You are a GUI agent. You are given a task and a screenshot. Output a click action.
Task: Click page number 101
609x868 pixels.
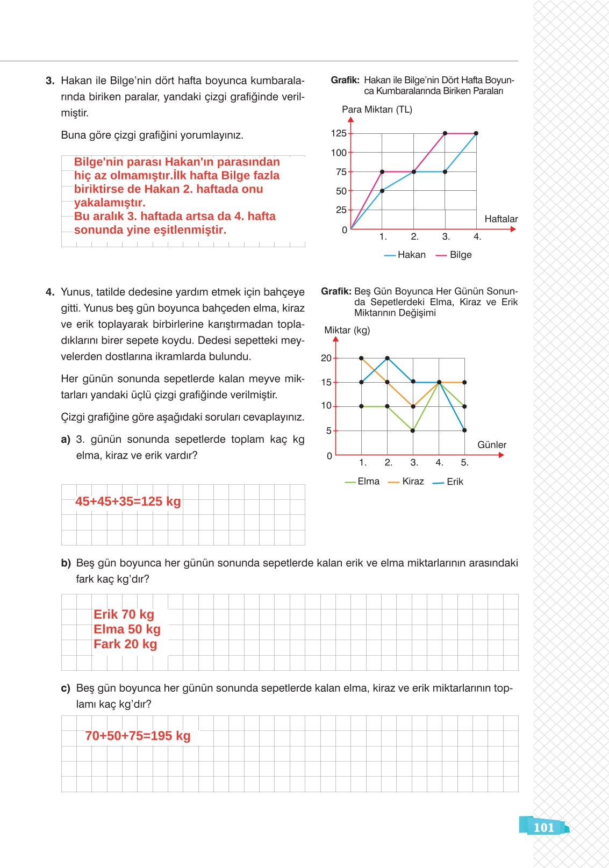click(543, 827)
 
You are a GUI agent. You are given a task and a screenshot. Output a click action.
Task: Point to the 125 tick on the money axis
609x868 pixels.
click(339, 133)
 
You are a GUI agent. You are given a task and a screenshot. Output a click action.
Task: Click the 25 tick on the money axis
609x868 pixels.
click(341, 210)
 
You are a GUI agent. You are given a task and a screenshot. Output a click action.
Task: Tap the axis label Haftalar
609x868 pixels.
click(501, 219)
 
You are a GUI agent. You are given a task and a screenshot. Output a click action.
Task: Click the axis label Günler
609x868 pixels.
click(491, 444)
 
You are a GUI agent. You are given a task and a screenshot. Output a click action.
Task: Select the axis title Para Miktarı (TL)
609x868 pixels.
click(377, 110)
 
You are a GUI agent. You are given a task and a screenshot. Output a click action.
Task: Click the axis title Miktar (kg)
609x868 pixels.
click(347, 330)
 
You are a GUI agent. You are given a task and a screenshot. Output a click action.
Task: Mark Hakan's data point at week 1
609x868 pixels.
click(382, 191)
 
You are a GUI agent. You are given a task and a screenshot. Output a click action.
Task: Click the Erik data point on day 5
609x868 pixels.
click(464, 431)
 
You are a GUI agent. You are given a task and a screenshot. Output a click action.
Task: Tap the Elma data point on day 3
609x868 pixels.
click(413, 431)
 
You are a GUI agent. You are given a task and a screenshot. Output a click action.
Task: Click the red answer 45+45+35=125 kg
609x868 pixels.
click(128, 501)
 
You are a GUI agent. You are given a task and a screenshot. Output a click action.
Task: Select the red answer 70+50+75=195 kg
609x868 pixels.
click(138, 736)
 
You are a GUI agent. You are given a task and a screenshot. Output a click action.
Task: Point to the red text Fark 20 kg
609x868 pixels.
click(125, 644)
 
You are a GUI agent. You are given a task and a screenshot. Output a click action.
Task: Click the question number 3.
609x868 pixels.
click(50, 81)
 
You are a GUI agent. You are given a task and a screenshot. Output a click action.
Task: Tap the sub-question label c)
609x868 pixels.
click(66, 688)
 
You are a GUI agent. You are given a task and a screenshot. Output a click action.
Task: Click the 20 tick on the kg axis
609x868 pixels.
click(326, 358)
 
